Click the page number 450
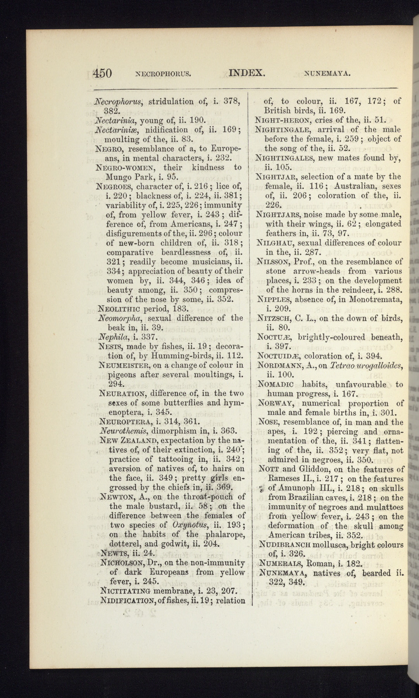tap(103, 73)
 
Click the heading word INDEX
tap(247, 73)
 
